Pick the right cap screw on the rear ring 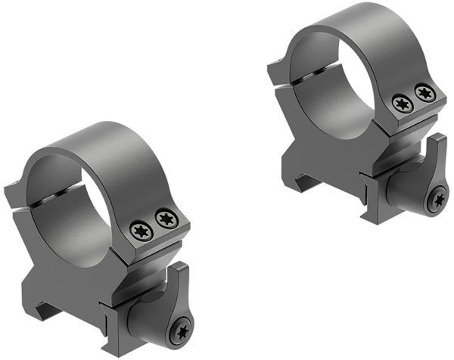click(x=424, y=94)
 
